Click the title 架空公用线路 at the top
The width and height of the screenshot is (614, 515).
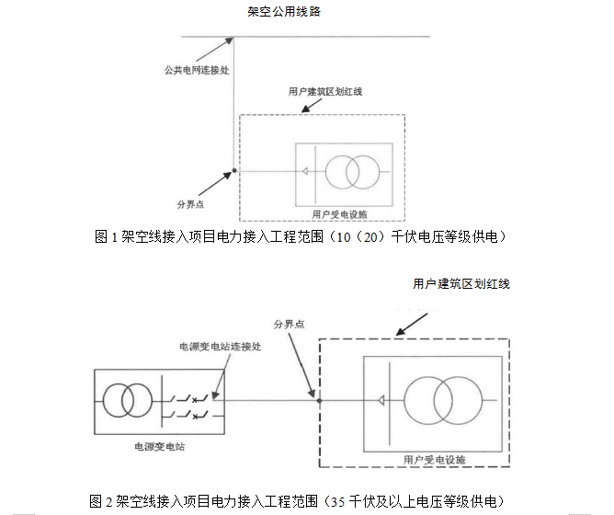pyautogui.click(x=283, y=12)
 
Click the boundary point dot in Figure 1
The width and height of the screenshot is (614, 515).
pyautogui.click(x=234, y=171)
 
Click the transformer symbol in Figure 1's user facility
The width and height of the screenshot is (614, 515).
pyautogui.click(x=352, y=171)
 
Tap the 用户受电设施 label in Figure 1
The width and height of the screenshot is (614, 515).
pyautogui.click(x=339, y=213)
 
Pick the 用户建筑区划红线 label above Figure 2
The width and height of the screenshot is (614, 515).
pyautogui.click(x=460, y=284)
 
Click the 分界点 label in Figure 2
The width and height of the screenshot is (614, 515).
pyautogui.click(x=290, y=324)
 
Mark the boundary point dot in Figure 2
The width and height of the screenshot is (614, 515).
pyautogui.click(x=318, y=400)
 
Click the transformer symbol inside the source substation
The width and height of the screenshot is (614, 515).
pyautogui.click(x=127, y=400)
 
